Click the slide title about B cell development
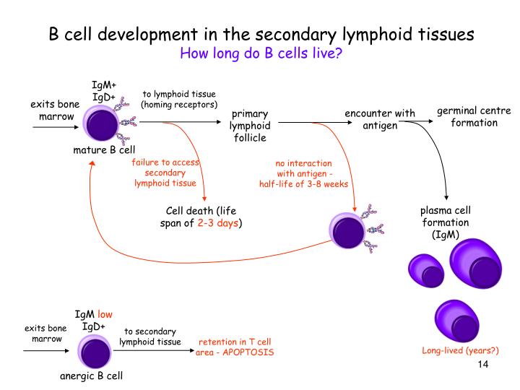click(x=260, y=34)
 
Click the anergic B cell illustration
click(x=95, y=353)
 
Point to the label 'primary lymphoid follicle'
click(x=249, y=126)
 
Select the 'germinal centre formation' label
click(x=474, y=116)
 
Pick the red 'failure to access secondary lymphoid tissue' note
click(x=165, y=173)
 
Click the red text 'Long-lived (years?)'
click(x=461, y=351)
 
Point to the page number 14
click(x=483, y=364)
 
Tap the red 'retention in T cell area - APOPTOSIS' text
click(x=236, y=347)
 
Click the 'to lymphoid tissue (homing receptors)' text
click(x=178, y=99)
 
